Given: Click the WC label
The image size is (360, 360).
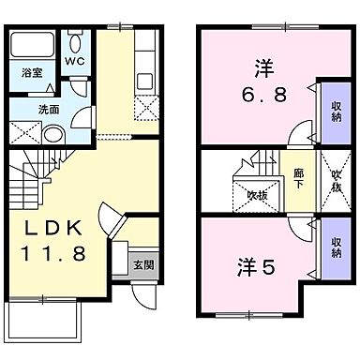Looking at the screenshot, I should [75, 64].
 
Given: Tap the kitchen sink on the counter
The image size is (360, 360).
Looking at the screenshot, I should [144, 81].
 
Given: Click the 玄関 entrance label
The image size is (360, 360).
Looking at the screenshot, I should [141, 263].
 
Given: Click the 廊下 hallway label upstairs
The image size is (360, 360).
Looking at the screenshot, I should [297, 176].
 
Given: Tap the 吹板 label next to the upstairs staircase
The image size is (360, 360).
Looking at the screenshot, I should [256, 195].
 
